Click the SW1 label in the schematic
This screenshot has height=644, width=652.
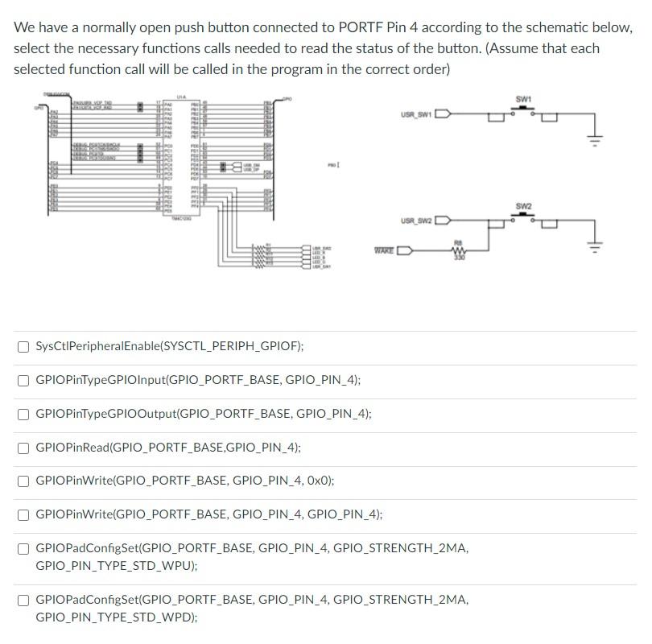(x=523, y=99)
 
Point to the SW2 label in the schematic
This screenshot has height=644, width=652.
(x=523, y=207)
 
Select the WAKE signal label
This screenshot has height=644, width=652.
(x=384, y=250)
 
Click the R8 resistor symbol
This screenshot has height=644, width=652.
(x=459, y=250)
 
